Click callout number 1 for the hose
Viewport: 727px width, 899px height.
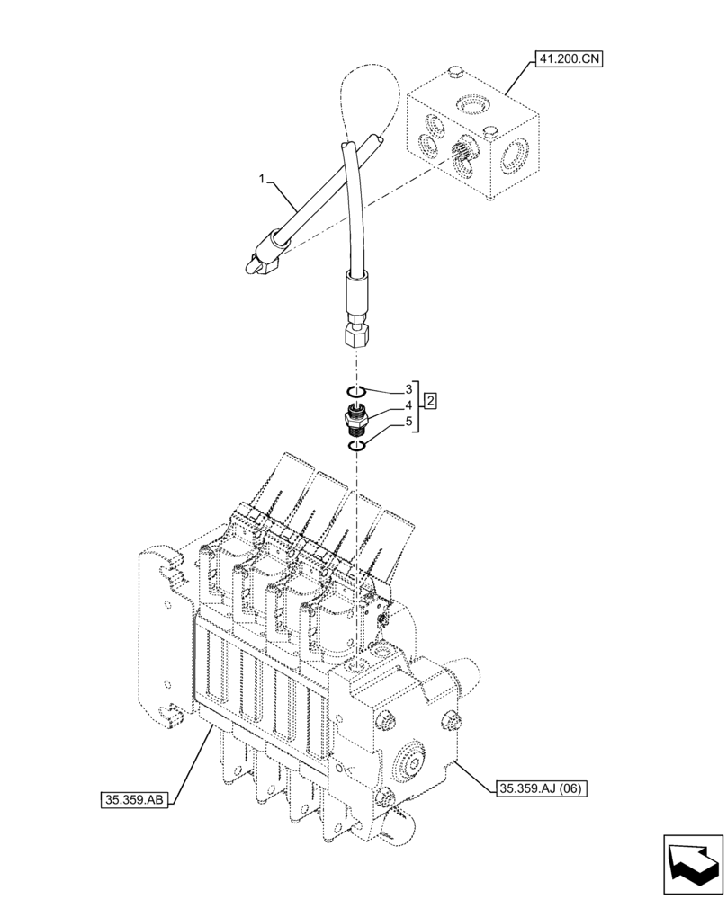pos(262,181)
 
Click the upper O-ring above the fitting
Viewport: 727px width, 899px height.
pos(356,390)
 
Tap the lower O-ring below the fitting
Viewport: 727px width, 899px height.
pos(357,443)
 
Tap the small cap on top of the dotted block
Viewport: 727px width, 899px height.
pos(454,71)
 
